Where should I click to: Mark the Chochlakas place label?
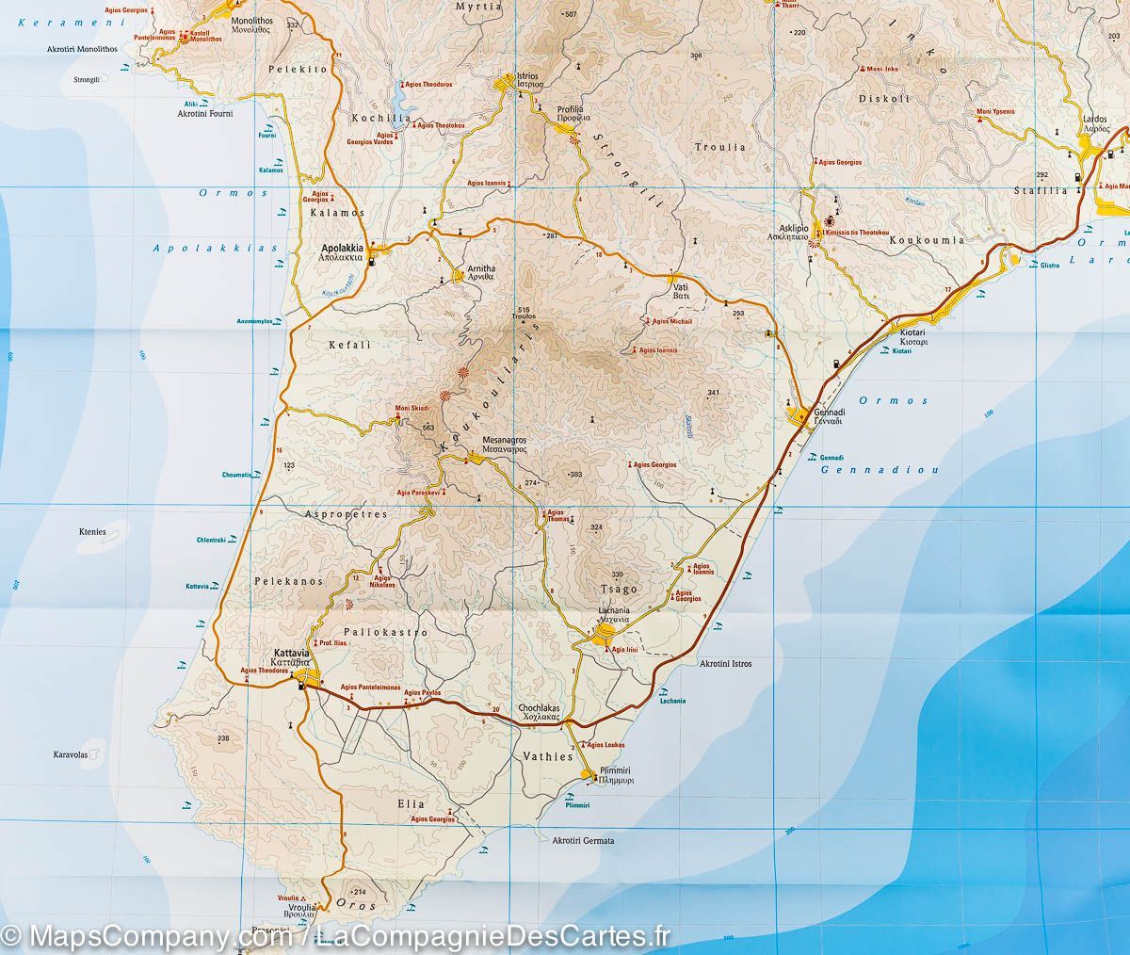(x=540, y=708)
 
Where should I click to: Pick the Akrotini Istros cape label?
(x=725, y=664)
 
